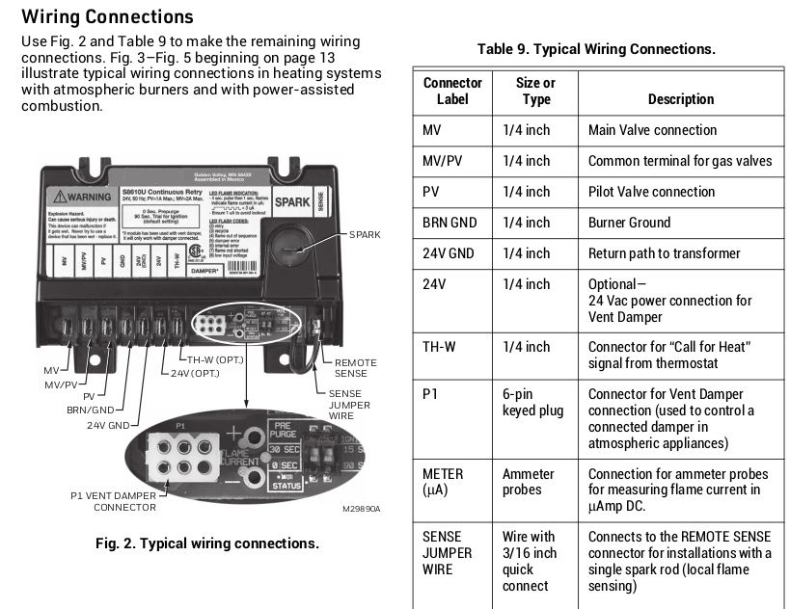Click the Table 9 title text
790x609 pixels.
click(x=596, y=48)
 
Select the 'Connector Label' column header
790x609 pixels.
click(x=451, y=91)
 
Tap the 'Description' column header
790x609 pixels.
click(x=680, y=99)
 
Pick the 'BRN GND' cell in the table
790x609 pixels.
click(x=449, y=223)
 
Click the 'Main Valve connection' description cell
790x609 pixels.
click(x=652, y=130)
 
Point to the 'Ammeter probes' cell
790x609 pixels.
click(x=529, y=482)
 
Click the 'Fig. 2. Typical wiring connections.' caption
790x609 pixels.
click(x=206, y=543)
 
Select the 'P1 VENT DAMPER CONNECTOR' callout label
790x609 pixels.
click(x=113, y=501)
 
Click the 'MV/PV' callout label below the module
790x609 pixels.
click(x=59, y=384)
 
